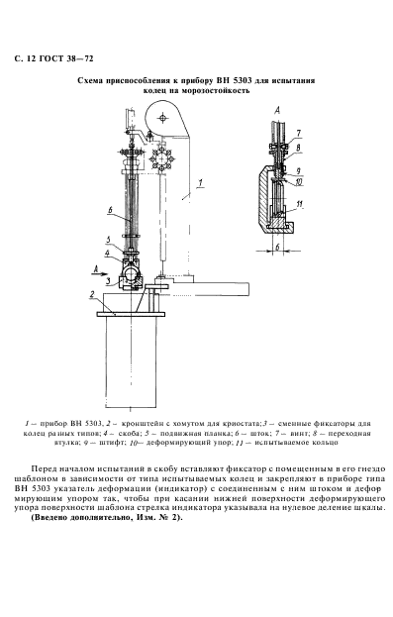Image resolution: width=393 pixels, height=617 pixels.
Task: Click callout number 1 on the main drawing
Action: [x=199, y=182]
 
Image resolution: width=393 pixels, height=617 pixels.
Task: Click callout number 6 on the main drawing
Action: [x=110, y=209]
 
